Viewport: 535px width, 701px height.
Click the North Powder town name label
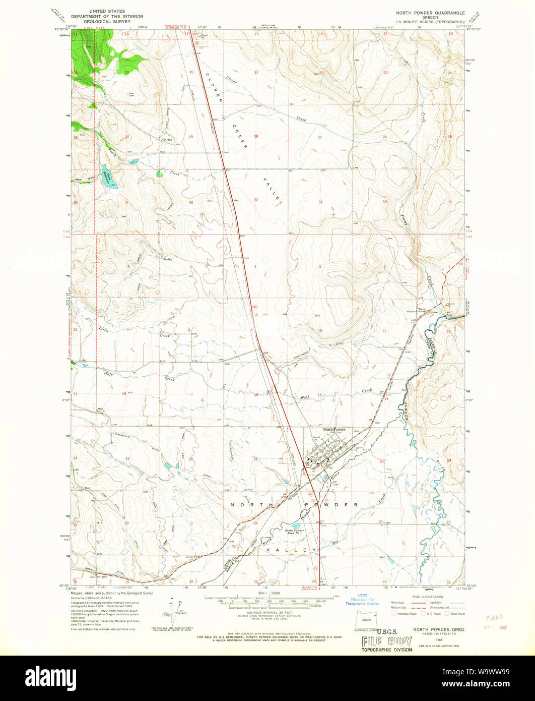pyautogui.click(x=335, y=429)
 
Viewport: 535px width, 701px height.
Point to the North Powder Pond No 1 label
pyautogui.click(x=295, y=532)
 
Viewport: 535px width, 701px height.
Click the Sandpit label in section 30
pyautogui.click(x=167, y=139)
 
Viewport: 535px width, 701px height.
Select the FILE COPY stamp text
pyautogui.click(x=386, y=641)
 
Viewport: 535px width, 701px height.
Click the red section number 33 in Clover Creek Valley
pyautogui.click(x=256, y=199)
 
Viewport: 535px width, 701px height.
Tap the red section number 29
pyautogui.click(x=191, y=137)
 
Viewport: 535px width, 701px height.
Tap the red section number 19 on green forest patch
pyautogui.click(x=127, y=73)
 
